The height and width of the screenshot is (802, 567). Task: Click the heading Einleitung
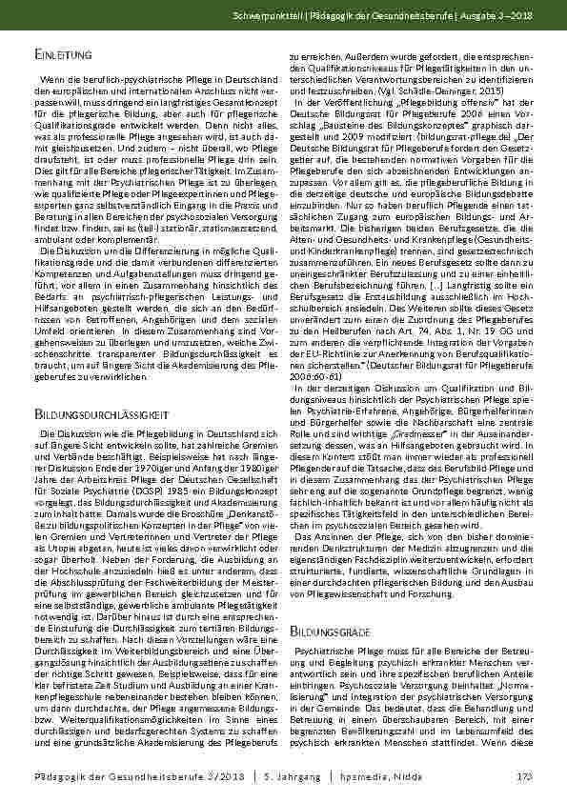59,58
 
